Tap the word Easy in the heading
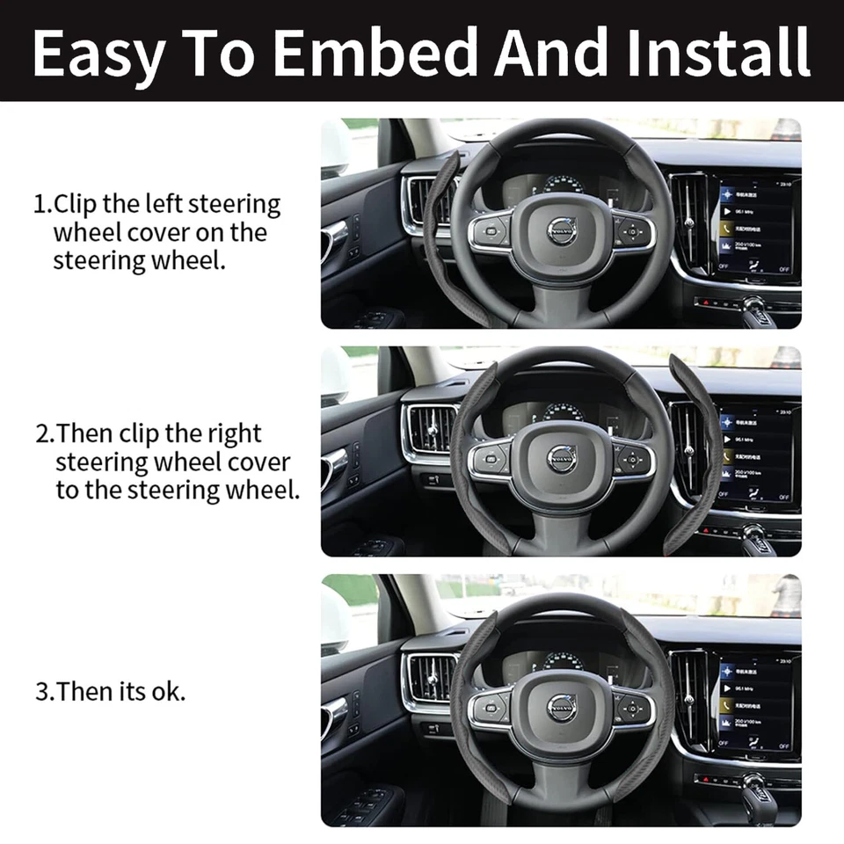click(x=98, y=52)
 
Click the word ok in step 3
click(x=169, y=691)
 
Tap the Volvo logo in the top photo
click(x=562, y=229)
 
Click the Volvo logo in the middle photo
click(x=562, y=457)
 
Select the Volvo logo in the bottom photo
click(x=562, y=707)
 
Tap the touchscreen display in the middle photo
click(x=756, y=455)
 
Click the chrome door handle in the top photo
click(x=334, y=236)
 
